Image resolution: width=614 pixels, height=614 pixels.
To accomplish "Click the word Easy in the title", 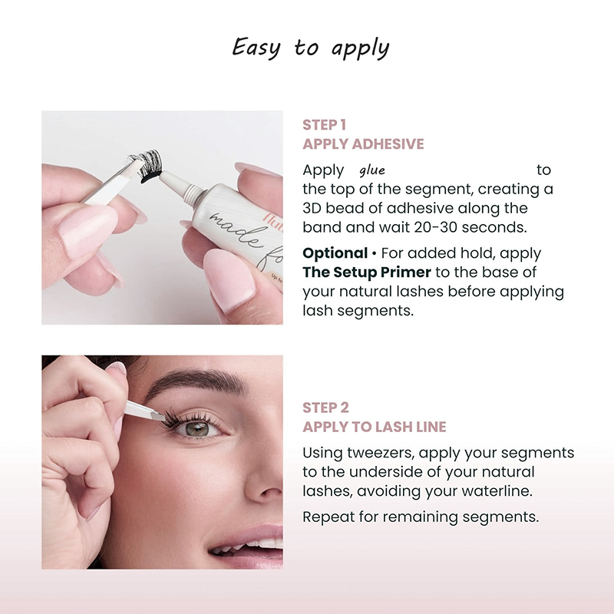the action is pos(256,48).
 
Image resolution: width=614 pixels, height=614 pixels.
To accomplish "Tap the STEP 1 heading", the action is pos(324,125).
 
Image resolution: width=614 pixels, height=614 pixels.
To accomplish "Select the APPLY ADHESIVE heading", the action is pos(363,144).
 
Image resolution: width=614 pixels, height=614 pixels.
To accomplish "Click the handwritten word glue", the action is pos(372,170).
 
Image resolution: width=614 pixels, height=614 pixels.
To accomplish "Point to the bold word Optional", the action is pos(335,253).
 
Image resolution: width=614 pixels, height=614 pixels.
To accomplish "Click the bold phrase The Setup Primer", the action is pos(367,272).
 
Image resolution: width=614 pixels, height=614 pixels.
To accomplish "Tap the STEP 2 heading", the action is pos(325,408).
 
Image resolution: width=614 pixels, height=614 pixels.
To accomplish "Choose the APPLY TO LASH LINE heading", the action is pos(375,427).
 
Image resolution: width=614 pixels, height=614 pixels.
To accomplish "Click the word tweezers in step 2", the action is pos(380,453).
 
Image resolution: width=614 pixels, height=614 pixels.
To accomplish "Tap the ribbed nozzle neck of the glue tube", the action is pos(194,194).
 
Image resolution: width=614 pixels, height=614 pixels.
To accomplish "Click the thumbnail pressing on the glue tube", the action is pos(228,279).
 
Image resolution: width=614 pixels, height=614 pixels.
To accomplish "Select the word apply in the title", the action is pos(360,49).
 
